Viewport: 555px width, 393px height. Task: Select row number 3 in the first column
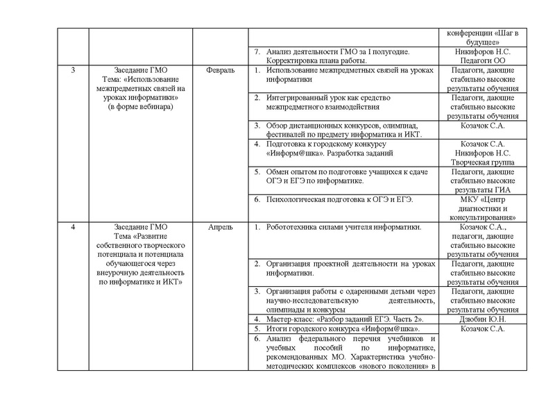[x=73, y=71]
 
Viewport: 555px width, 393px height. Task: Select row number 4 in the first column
[x=73, y=227]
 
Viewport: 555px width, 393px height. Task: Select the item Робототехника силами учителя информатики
[x=344, y=227]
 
